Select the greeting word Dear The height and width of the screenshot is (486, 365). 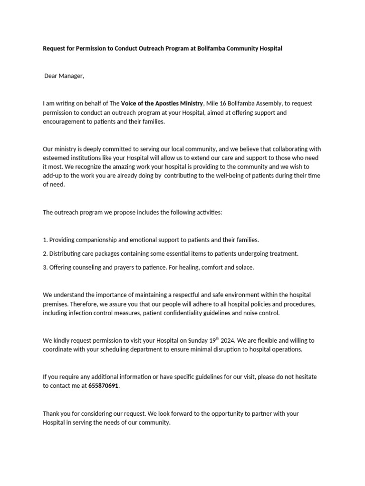point(51,76)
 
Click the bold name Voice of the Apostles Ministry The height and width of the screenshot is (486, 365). point(162,103)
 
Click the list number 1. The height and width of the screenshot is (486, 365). point(45,240)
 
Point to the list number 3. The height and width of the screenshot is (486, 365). point(45,267)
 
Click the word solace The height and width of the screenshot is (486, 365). point(244,267)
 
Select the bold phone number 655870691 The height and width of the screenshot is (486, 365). point(104,386)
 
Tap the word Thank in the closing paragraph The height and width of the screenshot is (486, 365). point(51,413)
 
